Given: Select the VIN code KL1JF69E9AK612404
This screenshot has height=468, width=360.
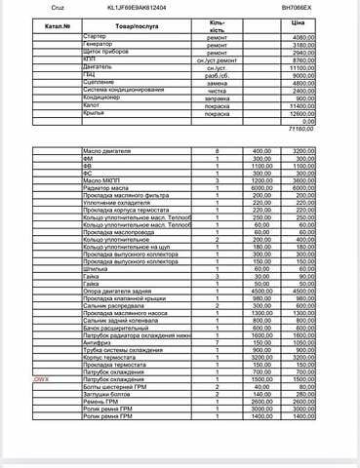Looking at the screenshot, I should [137, 6].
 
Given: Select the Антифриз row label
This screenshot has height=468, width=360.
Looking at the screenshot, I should [99, 341].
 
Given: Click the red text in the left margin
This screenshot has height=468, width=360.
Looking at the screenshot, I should [41, 377].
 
